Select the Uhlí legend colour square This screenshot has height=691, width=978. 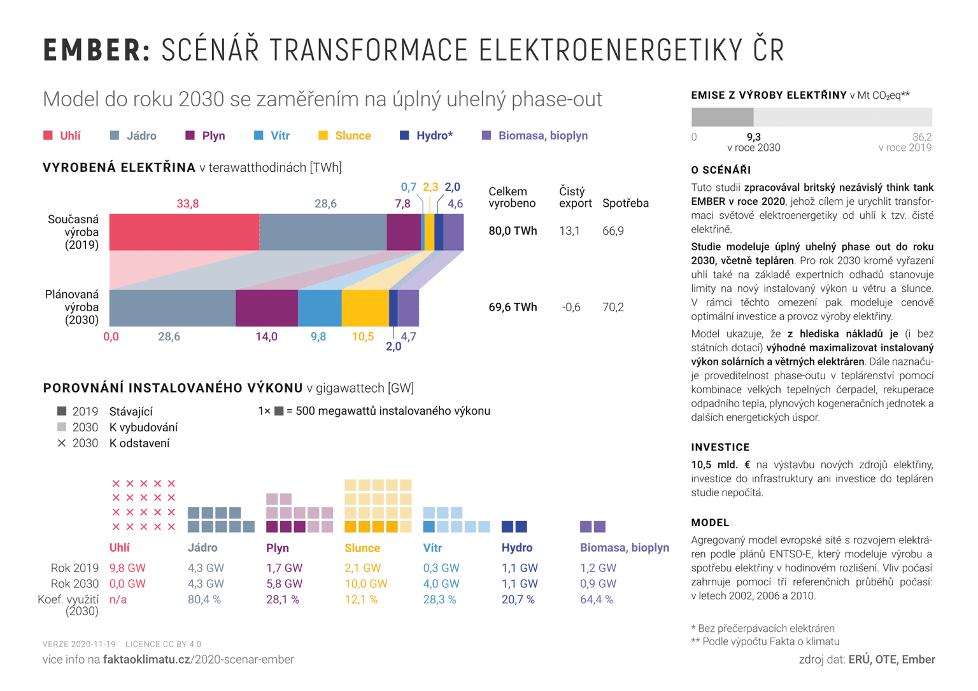tap(48, 136)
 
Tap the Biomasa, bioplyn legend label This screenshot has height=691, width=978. tap(542, 136)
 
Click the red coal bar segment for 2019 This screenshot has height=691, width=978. tap(184, 232)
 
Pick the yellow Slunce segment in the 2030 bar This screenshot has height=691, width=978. tap(365, 308)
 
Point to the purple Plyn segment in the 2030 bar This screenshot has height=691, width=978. tap(267, 308)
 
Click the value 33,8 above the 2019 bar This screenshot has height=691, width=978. tap(188, 204)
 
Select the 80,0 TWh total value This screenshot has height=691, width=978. tap(513, 231)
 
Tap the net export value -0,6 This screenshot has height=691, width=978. tap(571, 307)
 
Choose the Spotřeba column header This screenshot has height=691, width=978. tap(625, 204)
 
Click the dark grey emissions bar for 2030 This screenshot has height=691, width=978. tap(722, 117)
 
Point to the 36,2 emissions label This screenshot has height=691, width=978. tap(921, 137)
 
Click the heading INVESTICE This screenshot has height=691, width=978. tap(720, 447)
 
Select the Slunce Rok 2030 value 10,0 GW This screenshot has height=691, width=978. tap(365, 583)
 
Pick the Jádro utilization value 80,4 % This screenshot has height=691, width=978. tap(204, 599)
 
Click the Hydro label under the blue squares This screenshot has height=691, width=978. tap(516, 547)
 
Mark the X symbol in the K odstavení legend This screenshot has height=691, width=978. tap(62, 443)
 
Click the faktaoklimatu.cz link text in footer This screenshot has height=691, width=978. tap(146, 659)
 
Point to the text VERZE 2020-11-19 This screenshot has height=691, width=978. tap(79, 644)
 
